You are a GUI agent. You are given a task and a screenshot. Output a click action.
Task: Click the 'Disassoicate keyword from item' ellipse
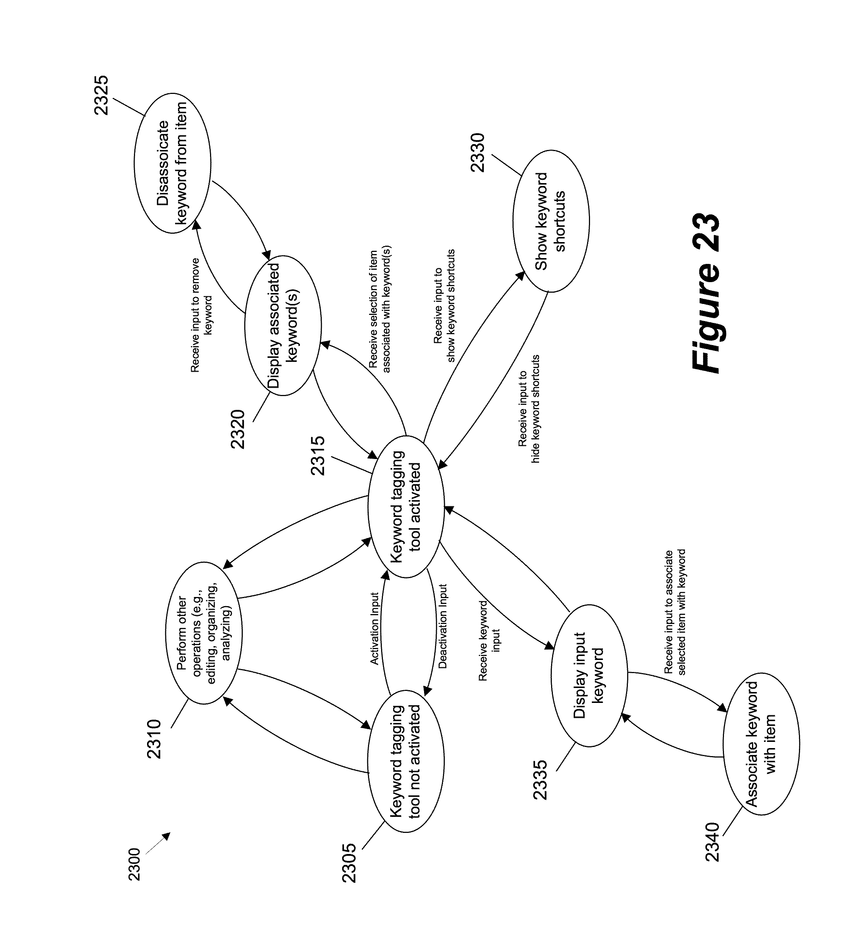click(x=172, y=163)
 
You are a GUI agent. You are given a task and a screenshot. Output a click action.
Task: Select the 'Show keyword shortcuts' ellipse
click(x=551, y=221)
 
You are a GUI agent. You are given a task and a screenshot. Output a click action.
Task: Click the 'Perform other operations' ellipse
click(x=204, y=633)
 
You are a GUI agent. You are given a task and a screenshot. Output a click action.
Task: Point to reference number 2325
click(x=101, y=95)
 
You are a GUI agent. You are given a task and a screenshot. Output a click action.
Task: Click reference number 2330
click(x=477, y=153)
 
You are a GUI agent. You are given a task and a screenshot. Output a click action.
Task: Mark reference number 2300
click(x=134, y=864)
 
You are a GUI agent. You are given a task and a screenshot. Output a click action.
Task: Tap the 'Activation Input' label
click(x=375, y=629)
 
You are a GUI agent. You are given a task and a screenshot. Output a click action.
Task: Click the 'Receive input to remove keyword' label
click(x=202, y=315)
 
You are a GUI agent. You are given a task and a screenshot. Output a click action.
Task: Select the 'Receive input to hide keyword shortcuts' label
click(x=529, y=409)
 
